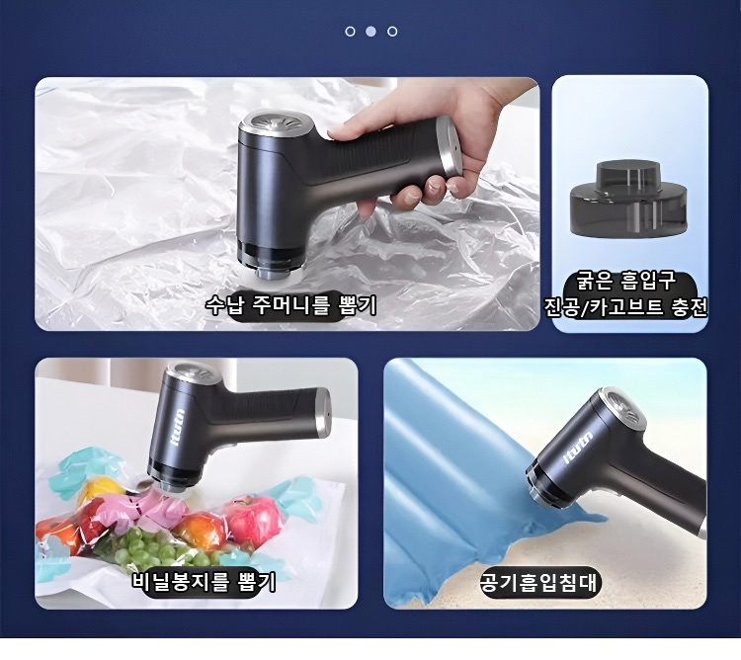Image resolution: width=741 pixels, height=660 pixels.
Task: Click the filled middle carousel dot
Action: tap(370, 32)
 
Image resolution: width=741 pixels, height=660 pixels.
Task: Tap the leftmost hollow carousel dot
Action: tap(350, 32)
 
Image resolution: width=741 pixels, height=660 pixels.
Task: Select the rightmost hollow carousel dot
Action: tap(392, 32)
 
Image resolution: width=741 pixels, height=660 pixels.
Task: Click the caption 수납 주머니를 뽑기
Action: tap(291, 305)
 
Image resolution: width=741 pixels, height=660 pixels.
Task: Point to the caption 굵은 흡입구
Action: tap(626, 282)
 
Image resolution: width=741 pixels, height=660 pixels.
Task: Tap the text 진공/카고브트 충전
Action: tap(625, 307)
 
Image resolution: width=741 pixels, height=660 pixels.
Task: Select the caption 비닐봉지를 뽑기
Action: tap(204, 582)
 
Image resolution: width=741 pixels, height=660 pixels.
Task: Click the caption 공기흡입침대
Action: tap(538, 582)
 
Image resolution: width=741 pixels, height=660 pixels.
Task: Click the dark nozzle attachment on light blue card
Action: tap(629, 199)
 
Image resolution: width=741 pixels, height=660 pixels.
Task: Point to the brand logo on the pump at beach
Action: tap(577, 446)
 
